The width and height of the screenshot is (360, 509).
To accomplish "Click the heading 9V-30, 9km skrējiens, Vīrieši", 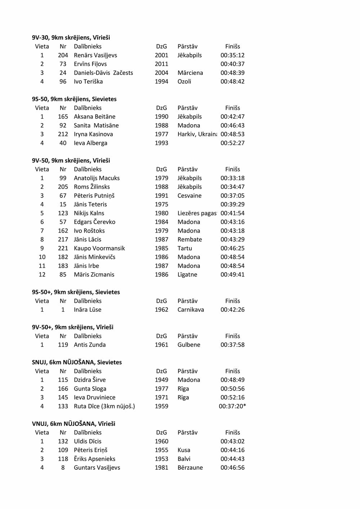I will point(71,37).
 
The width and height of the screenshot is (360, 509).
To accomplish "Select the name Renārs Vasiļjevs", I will point(95,55).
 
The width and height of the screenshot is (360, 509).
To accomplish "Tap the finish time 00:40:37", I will point(233,64).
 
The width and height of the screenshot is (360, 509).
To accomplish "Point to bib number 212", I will point(63,134).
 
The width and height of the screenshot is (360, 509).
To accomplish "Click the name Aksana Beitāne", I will point(95,116).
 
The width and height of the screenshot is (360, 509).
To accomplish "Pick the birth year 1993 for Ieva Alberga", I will point(162,143).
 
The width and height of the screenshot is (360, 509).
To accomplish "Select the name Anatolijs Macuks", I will point(97,178).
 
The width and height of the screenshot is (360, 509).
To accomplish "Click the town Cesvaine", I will point(189,196).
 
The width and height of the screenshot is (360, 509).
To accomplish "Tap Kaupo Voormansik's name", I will point(99,248).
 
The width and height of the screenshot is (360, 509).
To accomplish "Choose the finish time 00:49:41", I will point(233,274).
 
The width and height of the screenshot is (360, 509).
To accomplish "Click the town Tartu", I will point(185,248).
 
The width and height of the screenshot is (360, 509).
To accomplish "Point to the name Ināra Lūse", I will point(87,309).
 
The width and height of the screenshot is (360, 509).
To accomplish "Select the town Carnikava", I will point(191,309).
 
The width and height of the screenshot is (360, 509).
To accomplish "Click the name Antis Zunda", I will point(90,345).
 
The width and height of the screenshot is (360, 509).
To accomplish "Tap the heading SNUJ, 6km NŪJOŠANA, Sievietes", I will point(77,362).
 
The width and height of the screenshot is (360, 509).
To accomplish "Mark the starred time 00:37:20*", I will point(233,406).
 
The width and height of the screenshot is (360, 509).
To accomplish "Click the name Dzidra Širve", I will point(90,380).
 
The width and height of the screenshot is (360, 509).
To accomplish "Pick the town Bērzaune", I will point(190,468).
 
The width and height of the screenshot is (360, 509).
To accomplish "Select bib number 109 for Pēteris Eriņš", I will point(63,450).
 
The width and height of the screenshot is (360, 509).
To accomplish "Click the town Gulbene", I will point(189,345).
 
